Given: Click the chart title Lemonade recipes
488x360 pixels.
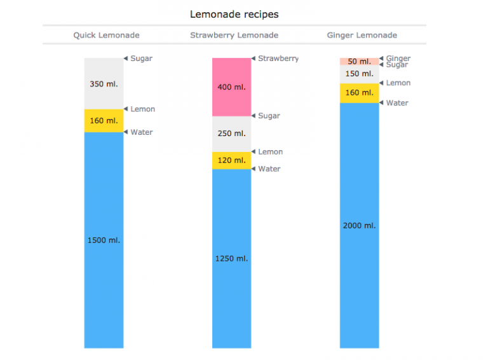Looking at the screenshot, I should (234, 14).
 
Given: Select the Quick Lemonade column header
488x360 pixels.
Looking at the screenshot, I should (106, 35).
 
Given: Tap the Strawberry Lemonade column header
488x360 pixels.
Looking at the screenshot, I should (234, 35).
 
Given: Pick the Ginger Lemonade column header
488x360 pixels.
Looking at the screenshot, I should (362, 35).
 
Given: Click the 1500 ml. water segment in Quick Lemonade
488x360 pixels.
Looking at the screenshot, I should (104, 240).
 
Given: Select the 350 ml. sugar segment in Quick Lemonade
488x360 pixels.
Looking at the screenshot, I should (104, 83).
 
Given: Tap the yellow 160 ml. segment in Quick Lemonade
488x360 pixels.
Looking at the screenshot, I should (104, 121).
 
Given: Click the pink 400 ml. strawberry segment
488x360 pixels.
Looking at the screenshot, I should (231, 87).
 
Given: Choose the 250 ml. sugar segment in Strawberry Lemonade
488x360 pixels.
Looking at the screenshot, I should (231, 134).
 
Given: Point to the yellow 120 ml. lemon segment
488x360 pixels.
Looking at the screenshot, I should (231, 160).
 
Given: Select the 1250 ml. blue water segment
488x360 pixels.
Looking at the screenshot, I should (231, 258).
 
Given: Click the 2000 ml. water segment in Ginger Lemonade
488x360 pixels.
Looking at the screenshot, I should (359, 225).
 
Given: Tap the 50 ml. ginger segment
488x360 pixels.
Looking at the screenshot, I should (359, 62).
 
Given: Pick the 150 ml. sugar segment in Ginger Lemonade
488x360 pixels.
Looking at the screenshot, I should (359, 74).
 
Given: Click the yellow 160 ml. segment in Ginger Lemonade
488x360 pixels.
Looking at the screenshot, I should (359, 93).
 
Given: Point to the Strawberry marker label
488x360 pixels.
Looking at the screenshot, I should (278, 59).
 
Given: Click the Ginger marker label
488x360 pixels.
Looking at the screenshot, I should (398, 59).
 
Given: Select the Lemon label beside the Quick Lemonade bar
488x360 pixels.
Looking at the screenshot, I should (142, 109).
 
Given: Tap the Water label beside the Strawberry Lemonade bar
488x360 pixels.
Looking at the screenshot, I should (269, 169).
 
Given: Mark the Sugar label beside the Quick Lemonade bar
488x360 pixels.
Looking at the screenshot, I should (141, 59).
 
